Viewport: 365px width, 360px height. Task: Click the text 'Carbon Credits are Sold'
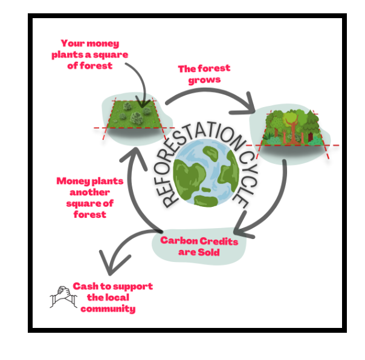coord(199,246)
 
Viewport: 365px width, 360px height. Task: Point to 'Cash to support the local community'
coord(112,297)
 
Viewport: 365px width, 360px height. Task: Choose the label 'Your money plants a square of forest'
coord(90,54)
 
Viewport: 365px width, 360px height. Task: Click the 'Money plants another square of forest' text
coord(90,197)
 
